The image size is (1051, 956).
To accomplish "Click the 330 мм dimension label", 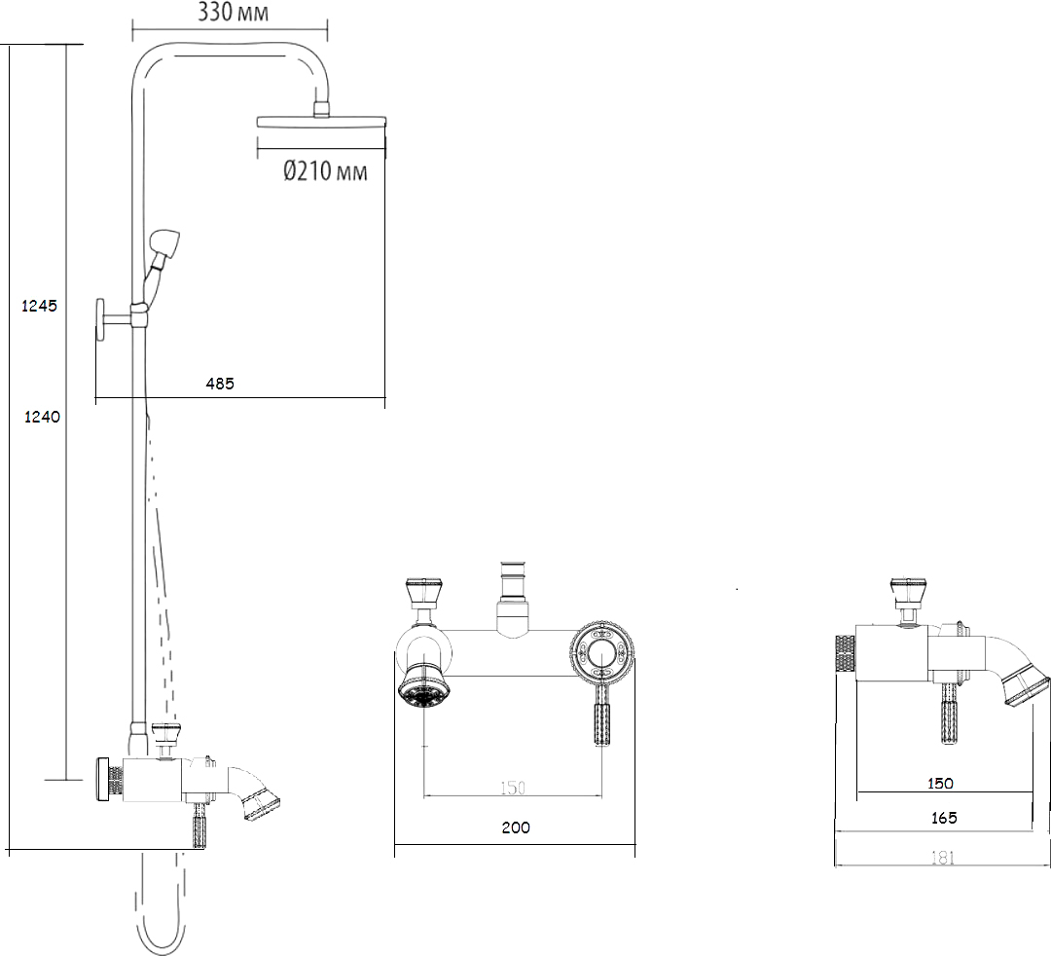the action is [234, 12].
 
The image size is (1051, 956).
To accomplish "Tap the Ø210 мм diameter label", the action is [325, 171].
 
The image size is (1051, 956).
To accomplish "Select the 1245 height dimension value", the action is [40, 306].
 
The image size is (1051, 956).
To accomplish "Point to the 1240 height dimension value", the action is [42, 417].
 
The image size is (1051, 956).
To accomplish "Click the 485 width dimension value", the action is [220, 384].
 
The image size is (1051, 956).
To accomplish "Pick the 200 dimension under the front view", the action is [516, 827].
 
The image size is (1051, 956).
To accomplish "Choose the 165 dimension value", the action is [944, 818].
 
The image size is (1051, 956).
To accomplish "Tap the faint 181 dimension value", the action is [942, 858].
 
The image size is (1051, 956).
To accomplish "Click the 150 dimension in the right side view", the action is [940, 783].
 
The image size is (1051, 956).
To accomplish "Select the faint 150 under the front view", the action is [513, 788].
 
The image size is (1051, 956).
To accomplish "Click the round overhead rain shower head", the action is [322, 121].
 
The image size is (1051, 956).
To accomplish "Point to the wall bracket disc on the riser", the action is [100, 319].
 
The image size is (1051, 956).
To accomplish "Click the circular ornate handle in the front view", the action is [602, 651].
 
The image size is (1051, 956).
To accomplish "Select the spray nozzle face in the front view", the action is [424, 688].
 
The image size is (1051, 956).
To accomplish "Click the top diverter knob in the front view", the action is [423, 593].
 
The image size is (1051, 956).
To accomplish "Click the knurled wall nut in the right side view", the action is [846, 653].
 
